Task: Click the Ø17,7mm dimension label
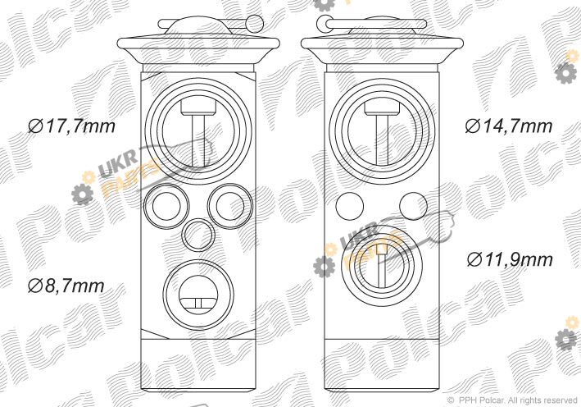click(x=71, y=126)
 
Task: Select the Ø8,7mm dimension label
click(x=66, y=286)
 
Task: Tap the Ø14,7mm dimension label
click(x=508, y=126)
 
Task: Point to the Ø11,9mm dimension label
click(x=510, y=259)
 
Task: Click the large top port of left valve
click(x=198, y=131)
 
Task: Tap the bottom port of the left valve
click(x=198, y=295)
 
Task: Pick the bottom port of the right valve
click(x=382, y=268)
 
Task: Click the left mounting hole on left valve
click(x=166, y=206)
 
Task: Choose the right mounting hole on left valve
click(x=230, y=206)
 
